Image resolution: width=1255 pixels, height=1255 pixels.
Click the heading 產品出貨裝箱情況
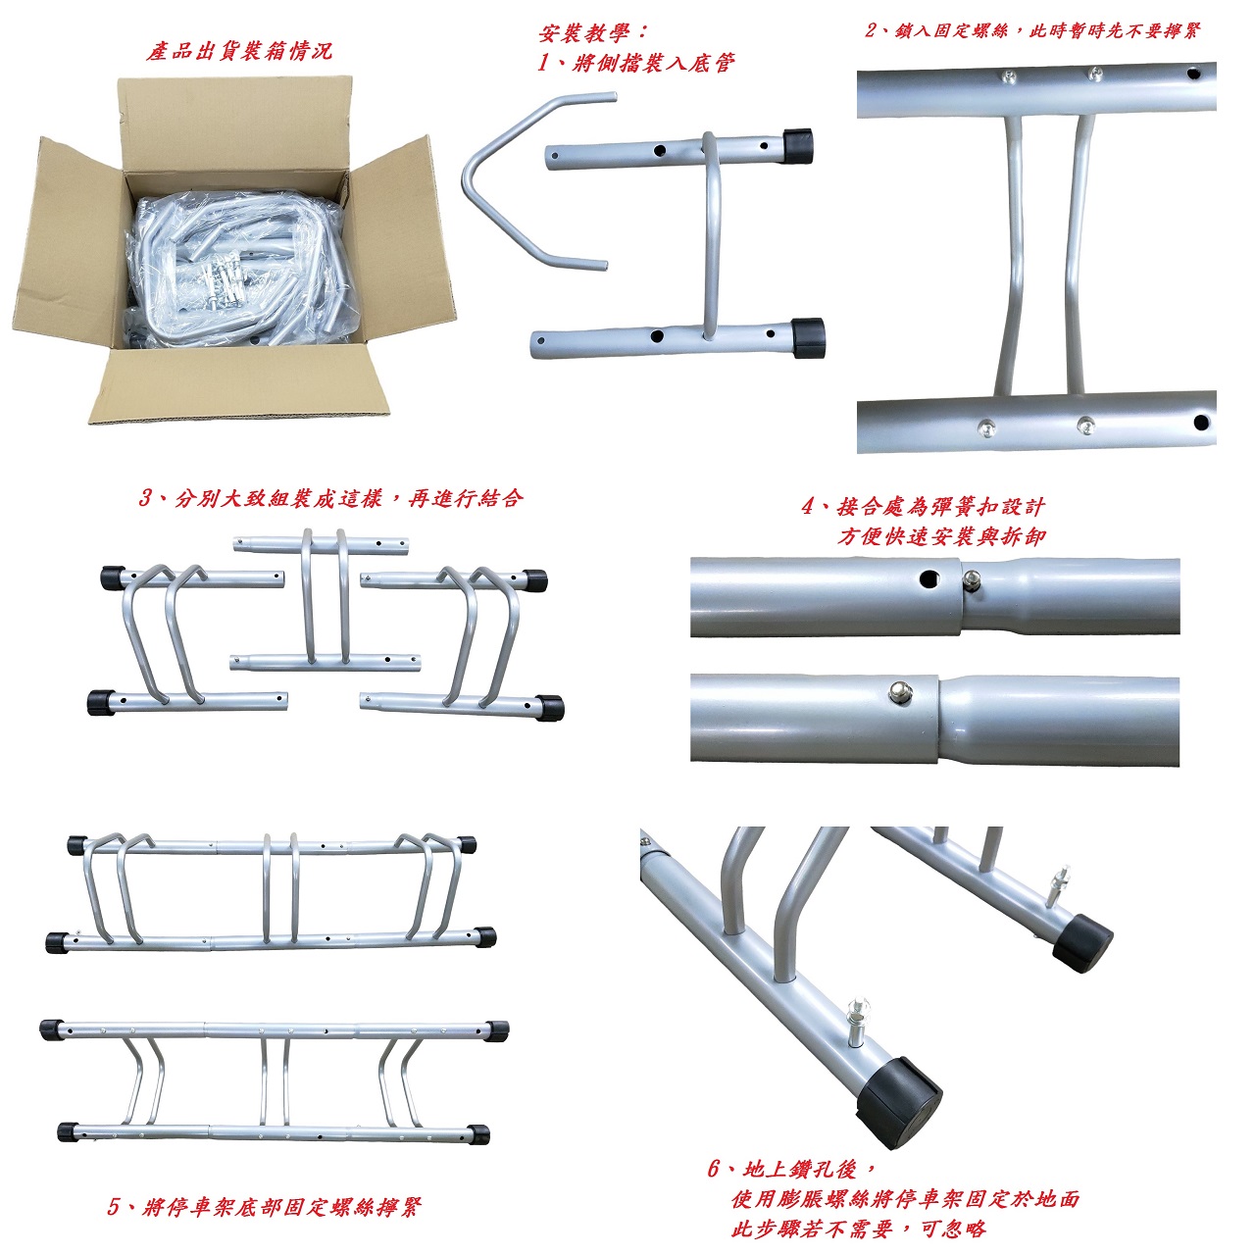238,51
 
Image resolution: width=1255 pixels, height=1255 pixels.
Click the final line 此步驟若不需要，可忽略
858,1229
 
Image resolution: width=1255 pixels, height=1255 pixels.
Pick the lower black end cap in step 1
808,337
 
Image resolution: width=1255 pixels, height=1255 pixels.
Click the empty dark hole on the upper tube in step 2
1192,73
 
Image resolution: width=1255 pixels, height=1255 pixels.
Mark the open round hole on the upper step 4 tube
930,578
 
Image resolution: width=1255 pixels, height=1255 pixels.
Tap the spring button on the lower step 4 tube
900,689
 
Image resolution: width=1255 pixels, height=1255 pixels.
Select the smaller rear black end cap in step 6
1082,942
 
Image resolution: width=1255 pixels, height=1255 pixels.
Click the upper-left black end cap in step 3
114,577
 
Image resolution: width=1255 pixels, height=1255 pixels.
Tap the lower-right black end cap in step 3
550,708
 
